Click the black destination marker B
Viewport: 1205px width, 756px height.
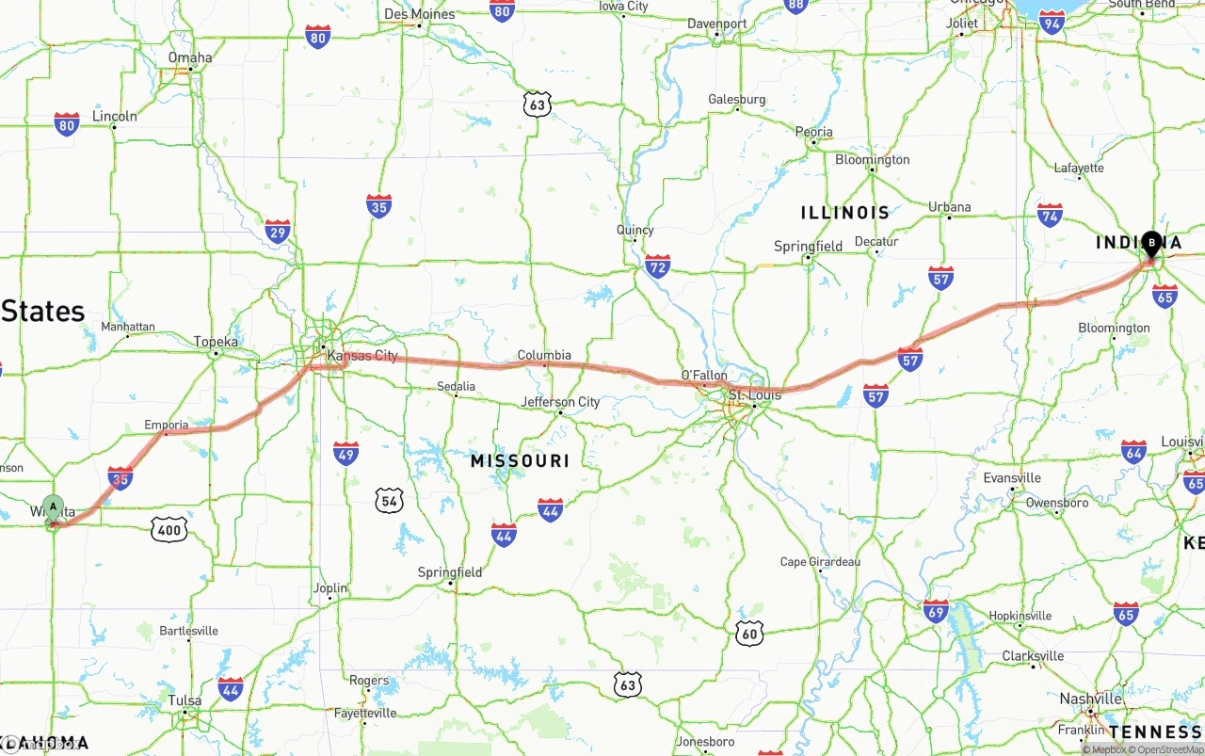(1151, 244)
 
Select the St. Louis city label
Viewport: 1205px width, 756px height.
(754, 395)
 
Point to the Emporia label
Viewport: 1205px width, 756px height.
(167, 425)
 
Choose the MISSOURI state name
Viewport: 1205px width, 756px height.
(520, 460)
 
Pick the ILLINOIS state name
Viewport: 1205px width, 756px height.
(844, 213)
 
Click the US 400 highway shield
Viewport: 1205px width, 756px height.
(169, 530)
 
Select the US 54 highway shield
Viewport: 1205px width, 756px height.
(389, 501)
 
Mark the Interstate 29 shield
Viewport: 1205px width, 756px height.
(278, 232)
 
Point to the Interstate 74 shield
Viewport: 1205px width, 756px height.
(1050, 215)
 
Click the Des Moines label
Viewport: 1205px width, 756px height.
(420, 14)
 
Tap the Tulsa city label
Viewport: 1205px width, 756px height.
(185, 700)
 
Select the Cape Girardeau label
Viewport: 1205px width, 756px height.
(820, 562)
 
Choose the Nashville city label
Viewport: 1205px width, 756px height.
(1090, 699)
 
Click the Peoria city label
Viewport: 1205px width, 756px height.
(813, 132)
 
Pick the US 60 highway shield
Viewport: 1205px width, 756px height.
(749, 633)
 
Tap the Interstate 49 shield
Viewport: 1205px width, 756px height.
(345, 453)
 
